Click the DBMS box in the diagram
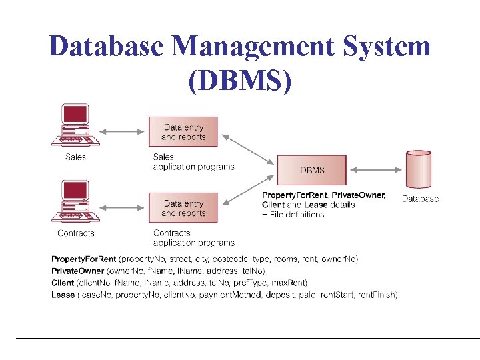click(312, 170)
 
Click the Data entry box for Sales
click(183, 132)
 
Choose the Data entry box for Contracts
click(183, 208)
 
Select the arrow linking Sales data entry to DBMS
click(248, 148)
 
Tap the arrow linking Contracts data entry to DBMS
click(248, 191)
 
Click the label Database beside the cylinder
click(420, 199)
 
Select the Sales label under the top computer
click(75, 157)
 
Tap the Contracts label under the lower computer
click(76, 233)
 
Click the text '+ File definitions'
click(293, 214)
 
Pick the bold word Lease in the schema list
click(63, 295)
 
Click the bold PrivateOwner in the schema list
click(78, 271)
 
